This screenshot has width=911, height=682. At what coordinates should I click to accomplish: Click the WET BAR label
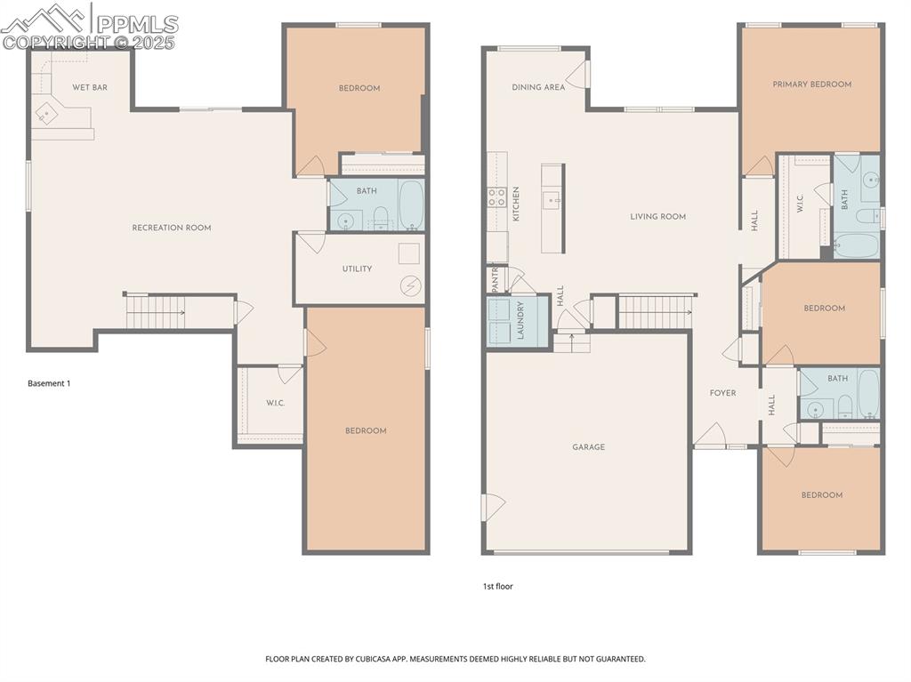pyautogui.click(x=89, y=87)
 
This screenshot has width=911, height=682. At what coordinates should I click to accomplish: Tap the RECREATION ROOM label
pyautogui.click(x=172, y=228)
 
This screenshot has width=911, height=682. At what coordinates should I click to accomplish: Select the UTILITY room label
pyautogui.click(x=357, y=269)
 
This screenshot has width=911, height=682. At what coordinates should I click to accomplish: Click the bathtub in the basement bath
pyautogui.click(x=410, y=206)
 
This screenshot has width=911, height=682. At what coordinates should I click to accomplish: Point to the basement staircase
pyautogui.click(x=155, y=312)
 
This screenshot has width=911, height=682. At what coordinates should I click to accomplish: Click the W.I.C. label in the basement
pyautogui.click(x=275, y=404)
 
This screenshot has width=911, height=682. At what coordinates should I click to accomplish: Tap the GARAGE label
pyautogui.click(x=588, y=446)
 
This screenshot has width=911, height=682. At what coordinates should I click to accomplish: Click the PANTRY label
pyautogui.click(x=496, y=278)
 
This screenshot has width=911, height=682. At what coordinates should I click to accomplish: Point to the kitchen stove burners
pyautogui.click(x=496, y=197)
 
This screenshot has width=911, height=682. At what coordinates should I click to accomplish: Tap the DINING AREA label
pyautogui.click(x=538, y=87)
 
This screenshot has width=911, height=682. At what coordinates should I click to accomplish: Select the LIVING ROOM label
pyautogui.click(x=657, y=216)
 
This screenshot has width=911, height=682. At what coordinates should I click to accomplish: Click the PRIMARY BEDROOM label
pyautogui.click(x=811, y=84)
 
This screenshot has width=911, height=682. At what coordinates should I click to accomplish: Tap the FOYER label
pyautogui.click(x=722, y=392)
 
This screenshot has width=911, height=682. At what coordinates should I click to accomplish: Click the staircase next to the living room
pyautogui.click(x=655, y=312)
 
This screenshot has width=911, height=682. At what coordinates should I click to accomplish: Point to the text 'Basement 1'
pyautogui.click(x=49, y=383)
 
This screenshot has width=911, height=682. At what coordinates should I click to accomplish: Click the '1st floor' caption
pyautogui.click(x=498, y=586)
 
